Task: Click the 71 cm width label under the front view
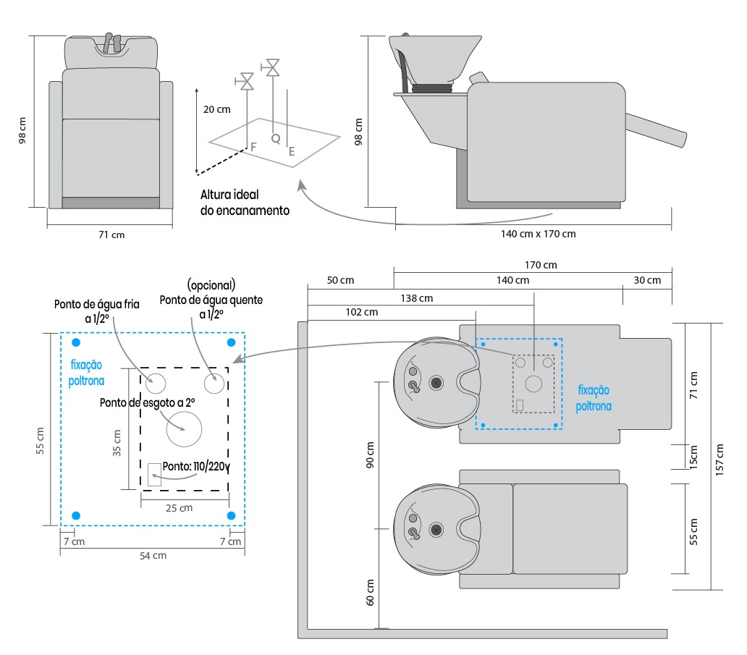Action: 110,234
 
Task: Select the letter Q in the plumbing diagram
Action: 275,138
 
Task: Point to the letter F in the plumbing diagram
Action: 253,146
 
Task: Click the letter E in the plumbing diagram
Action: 292,152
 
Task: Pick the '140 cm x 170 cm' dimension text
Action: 538,234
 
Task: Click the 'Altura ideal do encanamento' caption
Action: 245,203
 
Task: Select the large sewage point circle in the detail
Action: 184,429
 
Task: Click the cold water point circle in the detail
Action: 156,381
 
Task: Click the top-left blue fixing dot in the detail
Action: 76,342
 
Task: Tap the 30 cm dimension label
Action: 646,280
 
